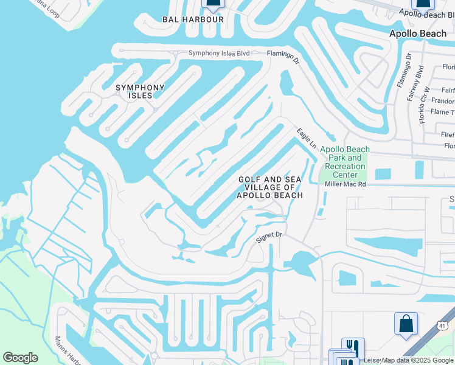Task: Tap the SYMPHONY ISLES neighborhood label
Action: [x=140, y=91]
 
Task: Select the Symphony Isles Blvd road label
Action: [x=219, y=53]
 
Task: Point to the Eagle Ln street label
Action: [x=307, y=138]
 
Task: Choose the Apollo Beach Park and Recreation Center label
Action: [x=345, y=162]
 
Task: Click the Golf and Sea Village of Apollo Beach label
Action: [x=270, y=187]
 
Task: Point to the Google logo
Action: [x=20, y=358]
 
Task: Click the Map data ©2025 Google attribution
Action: [x=417, y=360]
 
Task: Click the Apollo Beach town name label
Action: [x=418, y=33]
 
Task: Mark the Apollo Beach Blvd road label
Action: [x=426, y=12]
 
